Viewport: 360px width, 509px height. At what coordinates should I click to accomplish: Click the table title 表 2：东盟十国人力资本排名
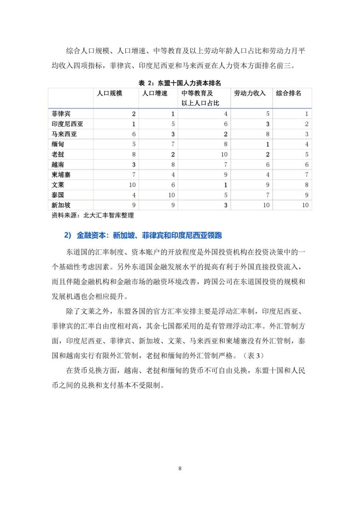tap(180, 82)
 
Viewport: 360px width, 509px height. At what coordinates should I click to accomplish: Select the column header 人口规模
tap(109, 93)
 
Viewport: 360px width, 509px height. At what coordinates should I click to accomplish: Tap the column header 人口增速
tap(155, 93)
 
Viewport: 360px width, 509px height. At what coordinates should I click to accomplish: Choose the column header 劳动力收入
tap(250, 93)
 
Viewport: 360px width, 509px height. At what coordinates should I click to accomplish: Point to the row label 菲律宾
tap(61, 114)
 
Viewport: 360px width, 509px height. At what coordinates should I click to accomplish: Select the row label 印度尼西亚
tap(67, 124)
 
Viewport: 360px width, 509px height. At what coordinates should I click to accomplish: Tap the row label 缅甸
tap(58, 144)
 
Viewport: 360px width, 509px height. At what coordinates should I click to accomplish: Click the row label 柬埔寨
tap(61, 174)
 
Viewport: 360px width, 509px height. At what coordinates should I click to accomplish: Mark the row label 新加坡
tap(61, 205)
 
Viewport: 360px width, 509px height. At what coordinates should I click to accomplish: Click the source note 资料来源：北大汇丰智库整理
tap(93, 216)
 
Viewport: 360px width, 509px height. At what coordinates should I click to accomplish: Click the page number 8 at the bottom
tap(180, 468)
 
